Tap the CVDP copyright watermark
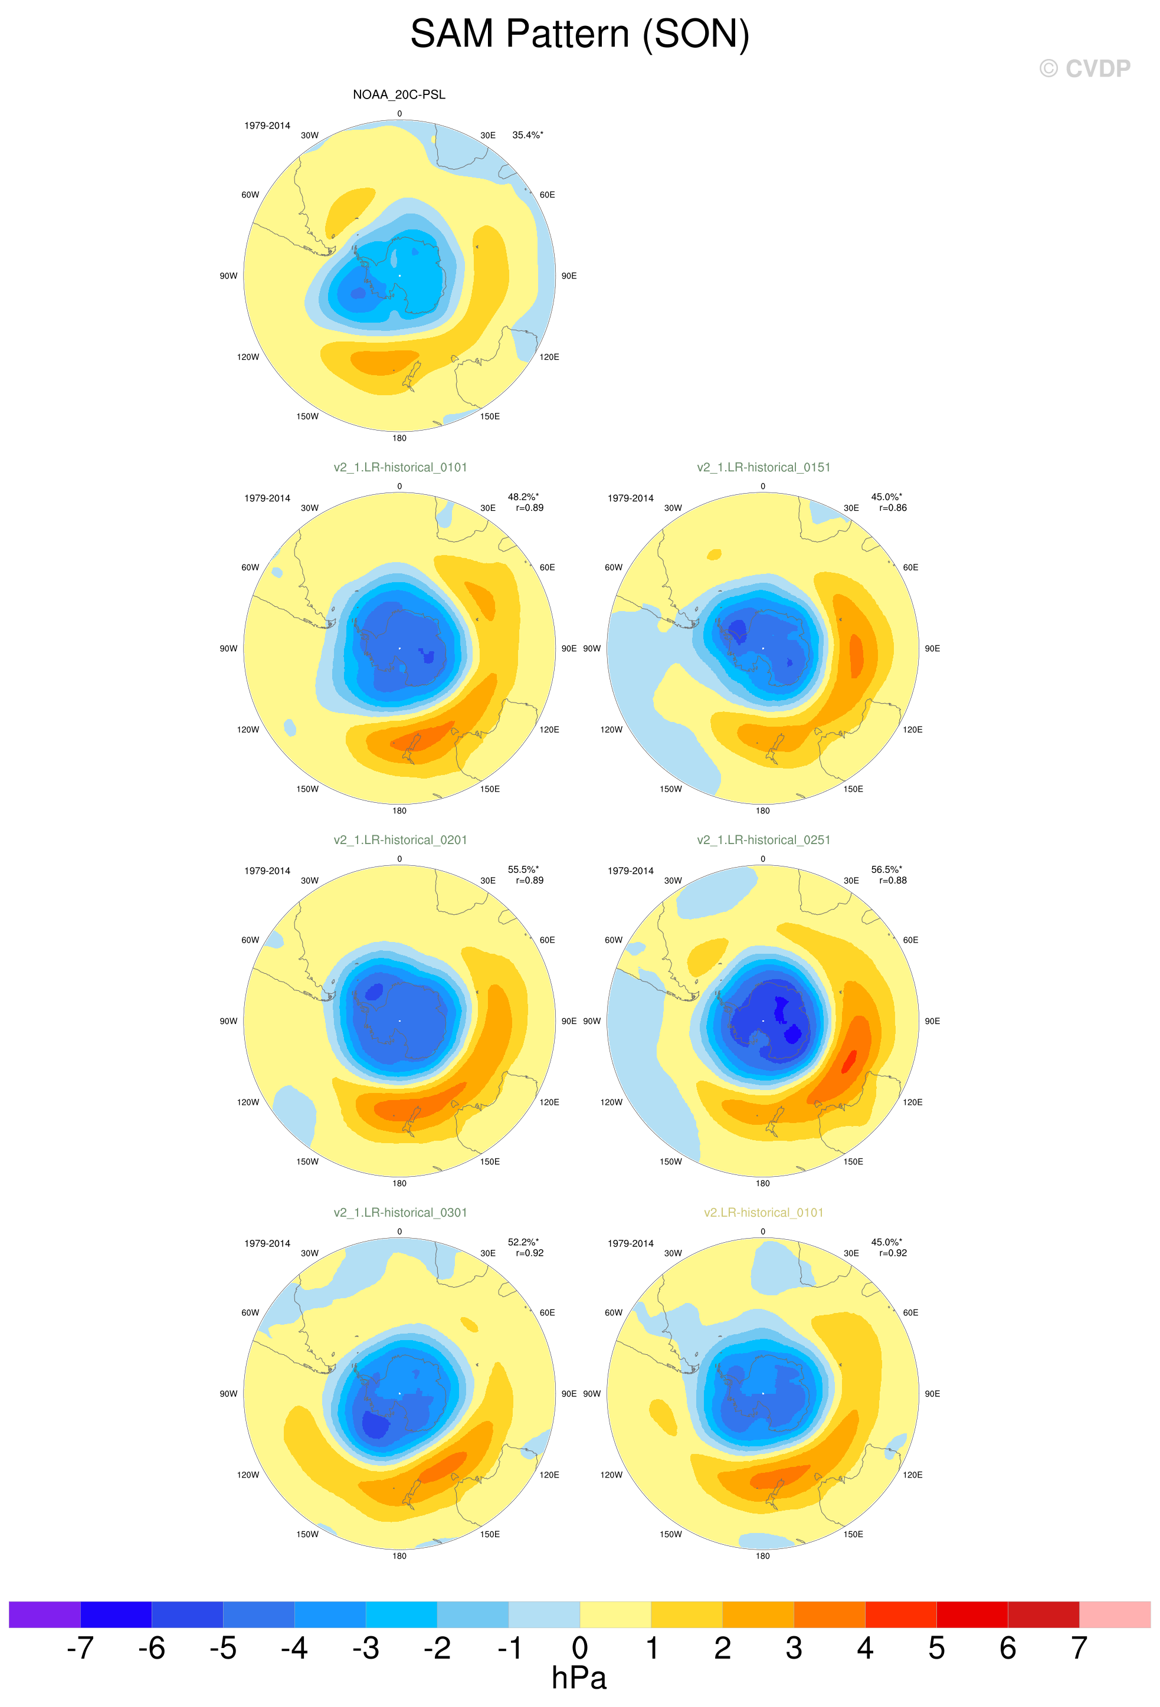pos(1084,68)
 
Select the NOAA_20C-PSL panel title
pos(399,95)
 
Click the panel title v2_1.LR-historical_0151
pos(763,467)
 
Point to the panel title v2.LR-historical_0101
pos(763,1213)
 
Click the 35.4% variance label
pos(527,135)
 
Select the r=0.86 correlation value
pos(893,507)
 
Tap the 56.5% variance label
pos(887,869)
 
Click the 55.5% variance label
pos(523,869)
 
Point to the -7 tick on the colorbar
pos(80,1647)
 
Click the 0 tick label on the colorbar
pos(579,1647)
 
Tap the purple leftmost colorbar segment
pos(45,1614)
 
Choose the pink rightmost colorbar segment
pos(1115,1614)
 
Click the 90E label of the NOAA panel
pos(569,276)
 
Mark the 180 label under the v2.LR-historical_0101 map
pos(762,1555)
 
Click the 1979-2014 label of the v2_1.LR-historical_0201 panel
pos(267,871)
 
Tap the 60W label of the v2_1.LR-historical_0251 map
pos(614,940)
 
